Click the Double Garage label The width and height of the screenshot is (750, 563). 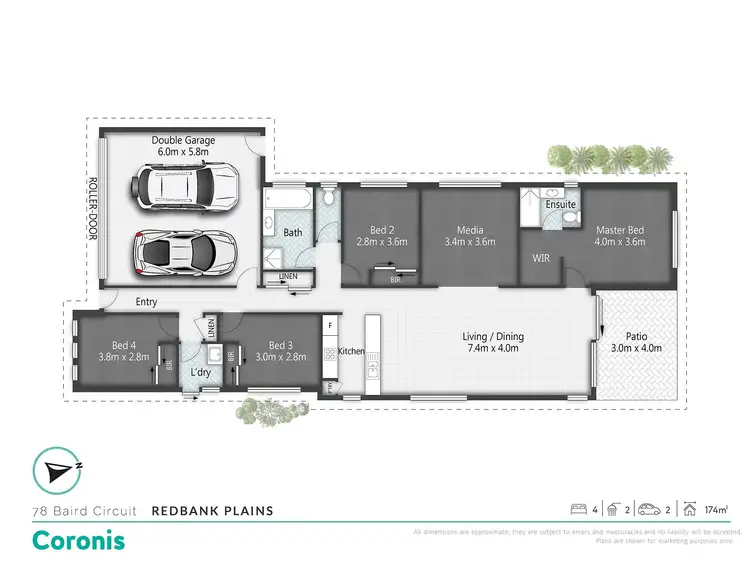(182, 147)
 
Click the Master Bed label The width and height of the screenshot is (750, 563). (619, 236)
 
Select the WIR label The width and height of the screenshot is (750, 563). (541, 258)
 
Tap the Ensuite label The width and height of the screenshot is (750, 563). (560, 205)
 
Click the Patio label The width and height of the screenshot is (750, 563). (638, 342)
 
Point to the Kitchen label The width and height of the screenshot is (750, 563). (351, 351)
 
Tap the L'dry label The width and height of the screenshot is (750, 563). (202, 373)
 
